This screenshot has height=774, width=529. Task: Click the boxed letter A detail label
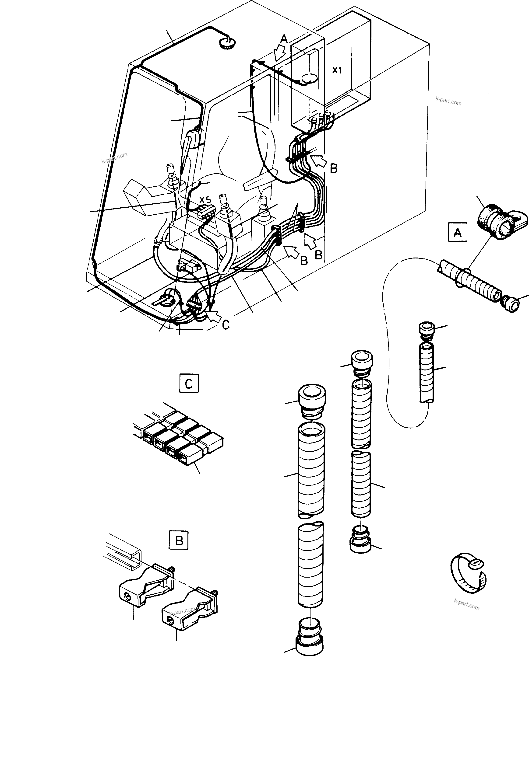coord(457,233)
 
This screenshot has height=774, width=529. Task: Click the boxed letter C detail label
coord(189,384)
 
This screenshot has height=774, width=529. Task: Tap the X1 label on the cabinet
coord(337,70)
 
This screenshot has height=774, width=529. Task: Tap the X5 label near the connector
coord(205,200)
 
